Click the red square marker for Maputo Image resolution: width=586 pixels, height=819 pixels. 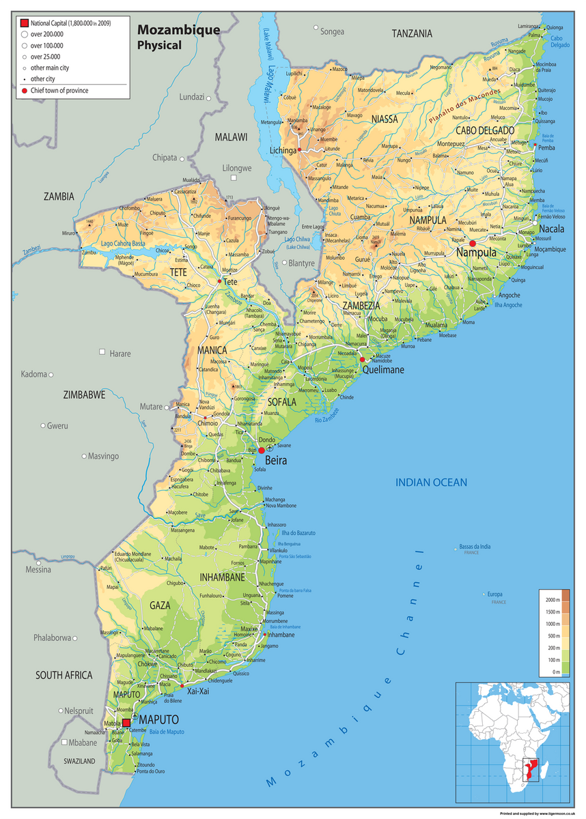[126, 722]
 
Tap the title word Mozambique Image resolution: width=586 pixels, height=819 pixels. [178, 30]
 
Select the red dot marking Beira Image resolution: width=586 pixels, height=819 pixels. [261, 450]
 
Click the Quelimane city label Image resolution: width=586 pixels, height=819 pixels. [383, 370]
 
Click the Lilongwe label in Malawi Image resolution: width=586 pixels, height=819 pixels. [237, 168]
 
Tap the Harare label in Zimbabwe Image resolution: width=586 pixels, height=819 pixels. [120, 354]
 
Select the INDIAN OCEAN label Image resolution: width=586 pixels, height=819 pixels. [432, 483]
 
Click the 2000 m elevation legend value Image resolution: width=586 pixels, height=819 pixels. [553, 599]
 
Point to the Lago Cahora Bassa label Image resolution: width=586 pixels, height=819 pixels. [123, 243]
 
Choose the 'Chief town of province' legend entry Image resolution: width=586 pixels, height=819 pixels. [59, 90]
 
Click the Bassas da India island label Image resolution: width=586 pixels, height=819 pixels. [475, 546]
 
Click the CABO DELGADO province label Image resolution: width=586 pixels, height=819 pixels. [485, 130]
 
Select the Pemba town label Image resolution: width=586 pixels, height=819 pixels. [546, 147]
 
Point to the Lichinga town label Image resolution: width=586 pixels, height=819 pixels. [283, 149]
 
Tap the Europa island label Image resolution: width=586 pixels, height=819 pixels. [494, 594]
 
